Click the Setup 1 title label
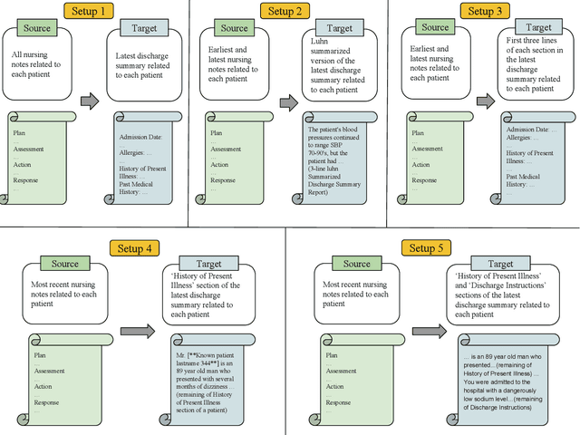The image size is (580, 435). (x=89, y=11)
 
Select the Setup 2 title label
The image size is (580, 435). (x=284, y=11)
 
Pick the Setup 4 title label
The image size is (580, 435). (x=135, y=248)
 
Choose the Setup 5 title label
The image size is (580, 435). (x=423, y=248)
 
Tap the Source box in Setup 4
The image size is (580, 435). (x=64, y=264)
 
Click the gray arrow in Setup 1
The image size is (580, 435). (x=90, y=101)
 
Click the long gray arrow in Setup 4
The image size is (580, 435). (x=138, y=332)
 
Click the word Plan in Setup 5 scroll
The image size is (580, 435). (x=331, y=355)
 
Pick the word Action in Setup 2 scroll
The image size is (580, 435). (x=221, y=164)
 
